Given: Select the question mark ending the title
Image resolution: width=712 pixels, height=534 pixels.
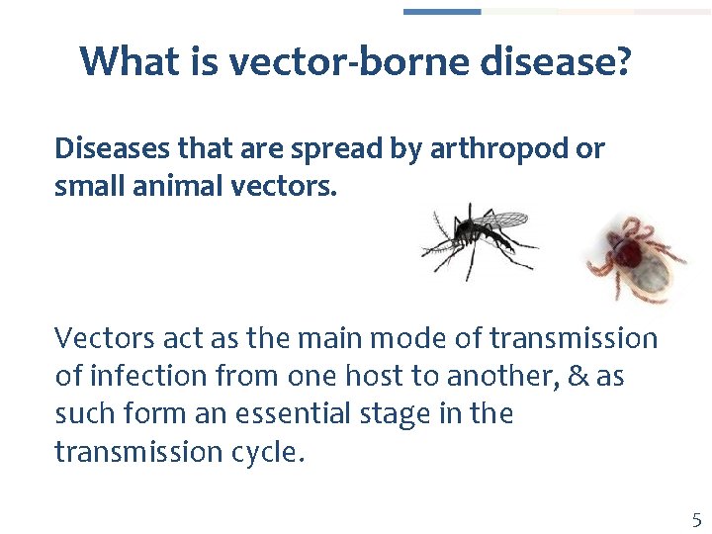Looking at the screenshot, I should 622,62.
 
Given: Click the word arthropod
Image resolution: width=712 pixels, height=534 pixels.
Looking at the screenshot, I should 513,148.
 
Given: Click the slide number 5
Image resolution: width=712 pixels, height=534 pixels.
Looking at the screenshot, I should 696,520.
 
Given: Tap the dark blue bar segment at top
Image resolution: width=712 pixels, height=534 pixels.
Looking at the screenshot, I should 442,12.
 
